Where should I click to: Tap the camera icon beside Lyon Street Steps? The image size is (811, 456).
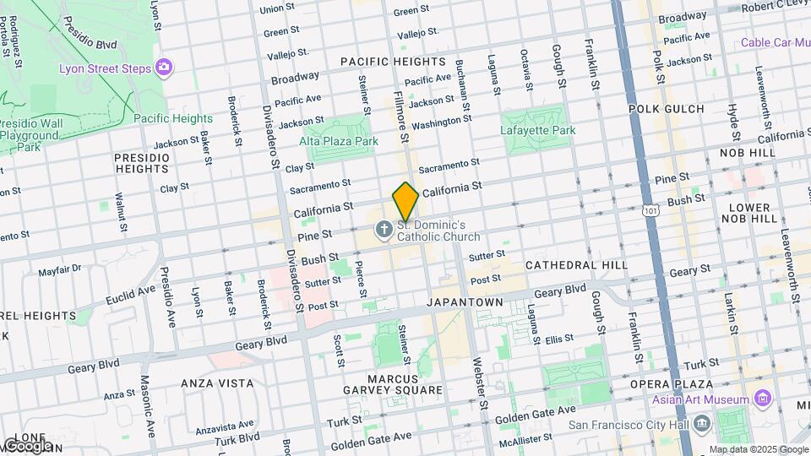pyautogui.click(x=164, y=68)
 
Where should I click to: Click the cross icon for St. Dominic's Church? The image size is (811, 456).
pyautogui.click(x=384, y=229)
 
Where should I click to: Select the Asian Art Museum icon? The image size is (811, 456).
pyautogui.click(x=763, y=399)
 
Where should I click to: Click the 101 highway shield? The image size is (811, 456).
pyautogui.click(x=649, y=205)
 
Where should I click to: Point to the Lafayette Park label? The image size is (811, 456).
pyautogui.click(x=540, y=130)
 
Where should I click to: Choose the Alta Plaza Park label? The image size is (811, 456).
pyautogui.click(x=340, y=142)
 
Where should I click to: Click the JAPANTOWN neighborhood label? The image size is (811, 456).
pyautogui.click(x=465, y=301)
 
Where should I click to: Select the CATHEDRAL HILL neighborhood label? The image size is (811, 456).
pyautogui.click(x=576, y=265)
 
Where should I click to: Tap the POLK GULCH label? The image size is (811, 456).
pyautogui.click(x=667, y=109)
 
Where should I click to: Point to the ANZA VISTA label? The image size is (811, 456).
pyautogui.click(x=217, y=383)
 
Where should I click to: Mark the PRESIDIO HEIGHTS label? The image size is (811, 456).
pyautogui.click(x=143, y=163)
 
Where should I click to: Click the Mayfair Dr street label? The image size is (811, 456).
pyautogui.click(x=60, y=271)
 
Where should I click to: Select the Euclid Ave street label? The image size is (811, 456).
pyautogui.click(x=131, y=294)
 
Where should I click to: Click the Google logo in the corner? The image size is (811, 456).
pyautogui.click(x=27, y=446)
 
